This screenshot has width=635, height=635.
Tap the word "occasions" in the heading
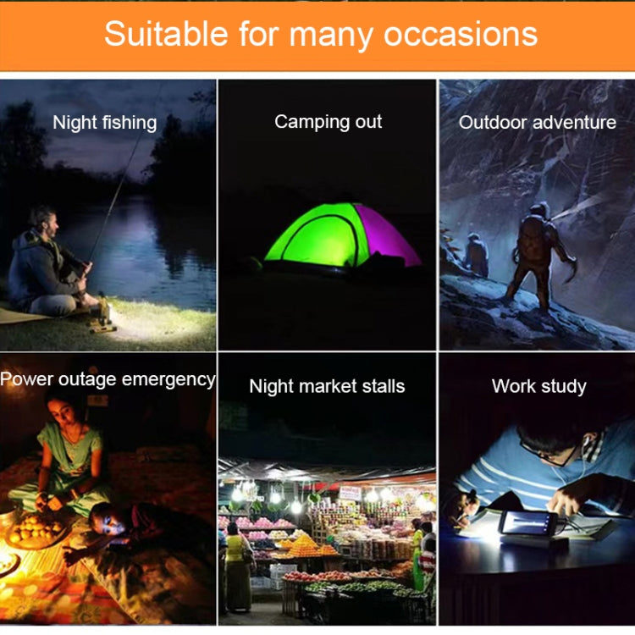[x=461, y=34]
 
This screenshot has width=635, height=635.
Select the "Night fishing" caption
[x=105, y=123]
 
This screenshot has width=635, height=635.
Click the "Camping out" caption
[x=328, y=122]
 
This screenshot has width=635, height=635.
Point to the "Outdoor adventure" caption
[x=537, y=123]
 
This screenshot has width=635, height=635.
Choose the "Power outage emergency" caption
[x=108, y=379]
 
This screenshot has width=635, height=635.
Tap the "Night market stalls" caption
[x=327, y=387]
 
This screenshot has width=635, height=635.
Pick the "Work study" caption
[x=538, y=387]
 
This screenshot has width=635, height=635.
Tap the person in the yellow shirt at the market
[x=235, y=563]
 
